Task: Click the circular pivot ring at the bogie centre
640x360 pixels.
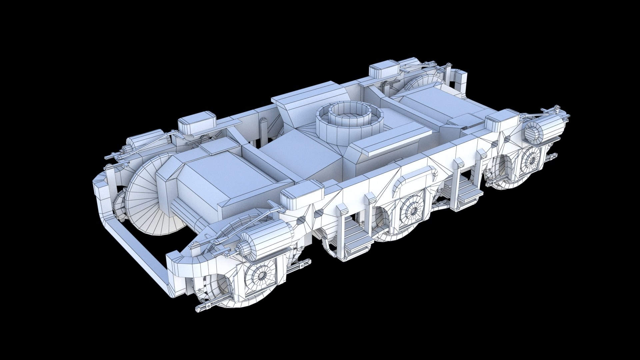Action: point(348,123)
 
